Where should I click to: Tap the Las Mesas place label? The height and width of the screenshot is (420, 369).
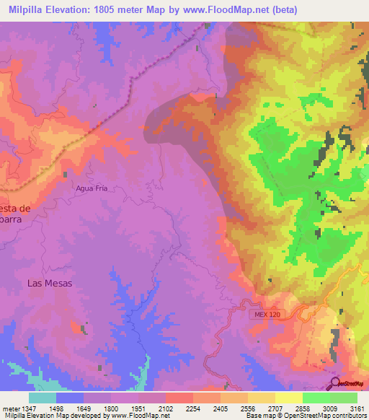(50, 284)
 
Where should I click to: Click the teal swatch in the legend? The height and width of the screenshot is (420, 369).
(42, 398)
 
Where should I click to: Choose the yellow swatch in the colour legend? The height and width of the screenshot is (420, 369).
(288, 398)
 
